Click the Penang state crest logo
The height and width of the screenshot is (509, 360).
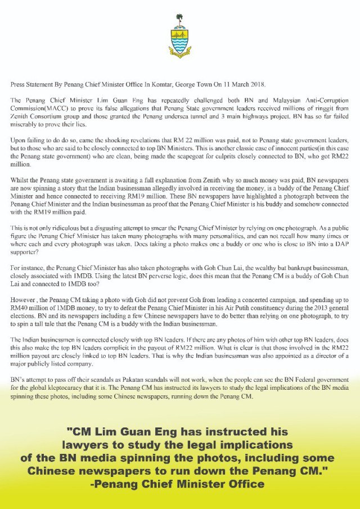click(179, 38)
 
